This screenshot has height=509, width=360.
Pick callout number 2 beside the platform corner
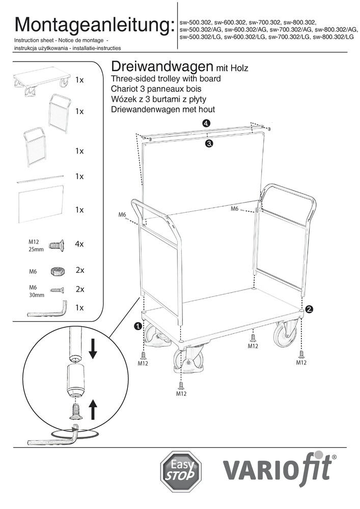click(x=309, y=308)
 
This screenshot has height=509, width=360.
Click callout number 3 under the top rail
click(x=209, y=144)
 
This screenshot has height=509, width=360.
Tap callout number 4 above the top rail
click(x=206, y=124)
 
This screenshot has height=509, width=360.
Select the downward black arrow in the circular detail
click(x=93, y=349)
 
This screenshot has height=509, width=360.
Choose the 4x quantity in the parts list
click(x=79, y=244)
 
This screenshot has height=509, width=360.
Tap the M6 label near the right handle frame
click(x=235, y=209)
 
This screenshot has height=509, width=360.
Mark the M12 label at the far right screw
click(x=301, y=363)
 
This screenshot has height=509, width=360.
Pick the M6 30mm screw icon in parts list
click(x=58, y=290)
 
